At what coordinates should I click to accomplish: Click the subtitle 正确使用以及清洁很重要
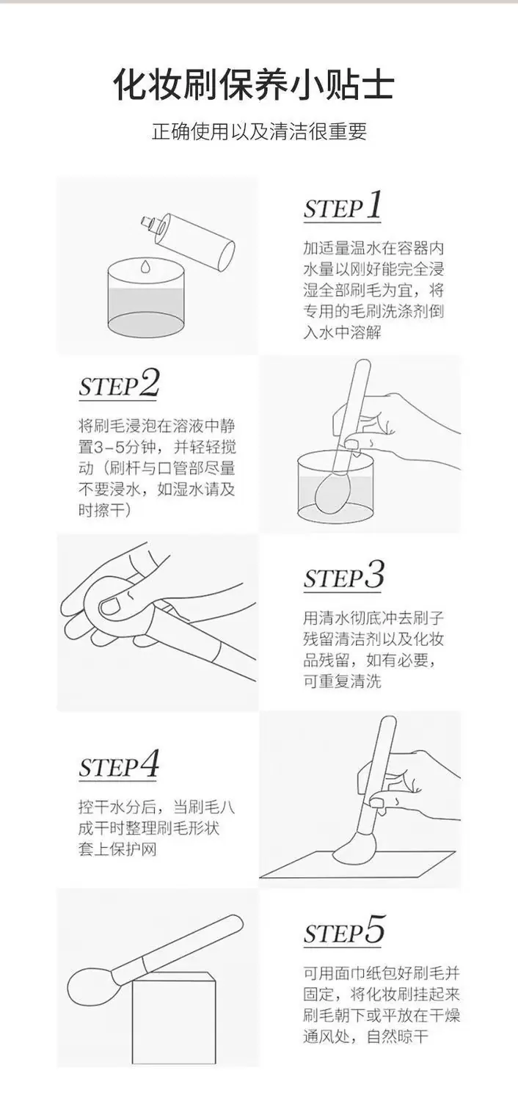259,131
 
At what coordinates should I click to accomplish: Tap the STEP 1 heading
343,206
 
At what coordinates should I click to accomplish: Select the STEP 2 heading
120,383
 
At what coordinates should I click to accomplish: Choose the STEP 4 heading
120,765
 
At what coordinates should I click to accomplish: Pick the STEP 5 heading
343,929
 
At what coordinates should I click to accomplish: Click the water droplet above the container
145,266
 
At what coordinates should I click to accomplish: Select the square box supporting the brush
175,1011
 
